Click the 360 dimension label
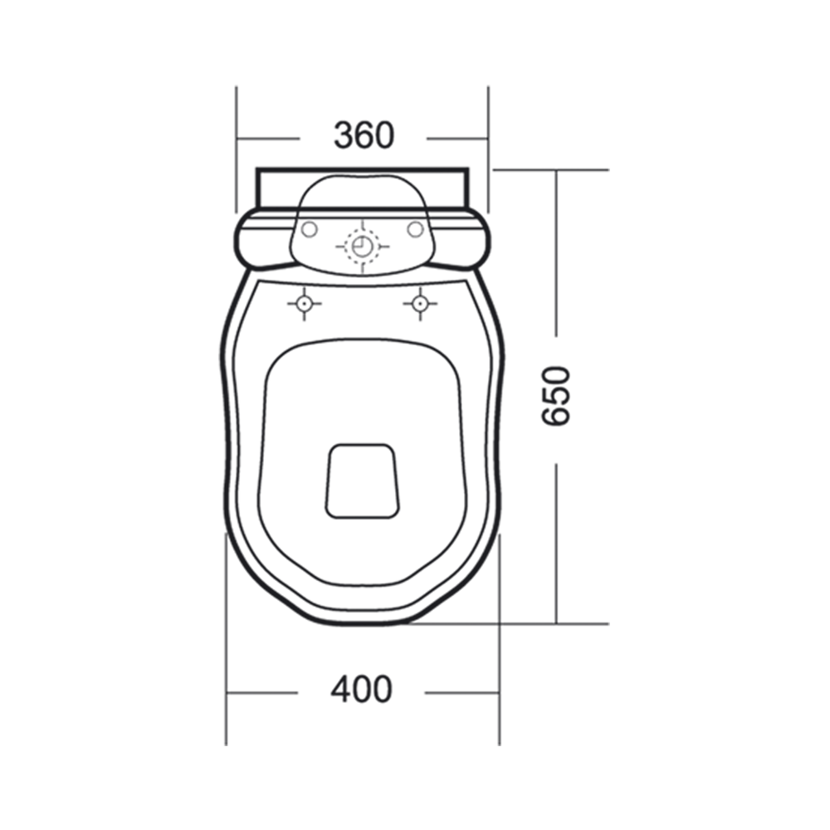click(364, 135)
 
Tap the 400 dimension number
click(362, 689)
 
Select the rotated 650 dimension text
click(556, 396)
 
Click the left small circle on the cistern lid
click(309, 229)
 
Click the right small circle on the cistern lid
click(416, 229)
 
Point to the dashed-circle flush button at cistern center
click(362, 247)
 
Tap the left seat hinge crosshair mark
click(304, 304)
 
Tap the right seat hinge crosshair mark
click(420, 304)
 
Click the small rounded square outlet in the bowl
click(362, 481)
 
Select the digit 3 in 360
click(344, 135)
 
